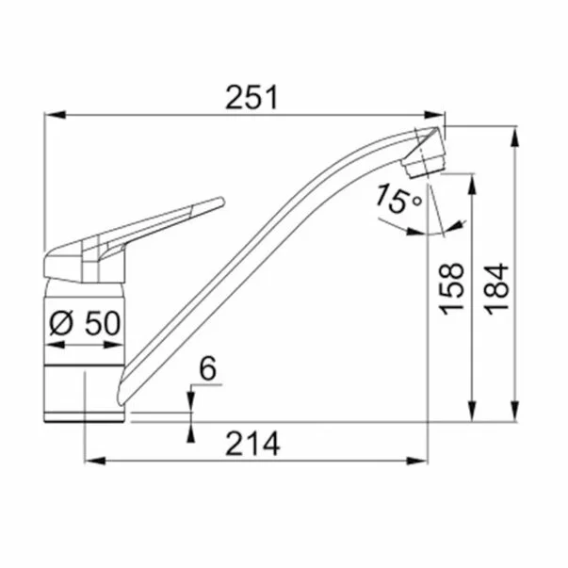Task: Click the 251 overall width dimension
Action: (252, 97)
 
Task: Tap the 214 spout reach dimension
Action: (252, 444)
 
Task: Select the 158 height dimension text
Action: (451, 288)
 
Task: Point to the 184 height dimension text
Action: (496, 288)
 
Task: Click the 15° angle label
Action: (398, 199)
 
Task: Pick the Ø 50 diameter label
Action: (85, 323)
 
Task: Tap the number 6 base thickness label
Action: (208, 368)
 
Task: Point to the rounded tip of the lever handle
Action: (221, 202)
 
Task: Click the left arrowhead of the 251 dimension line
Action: (55, 115)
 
